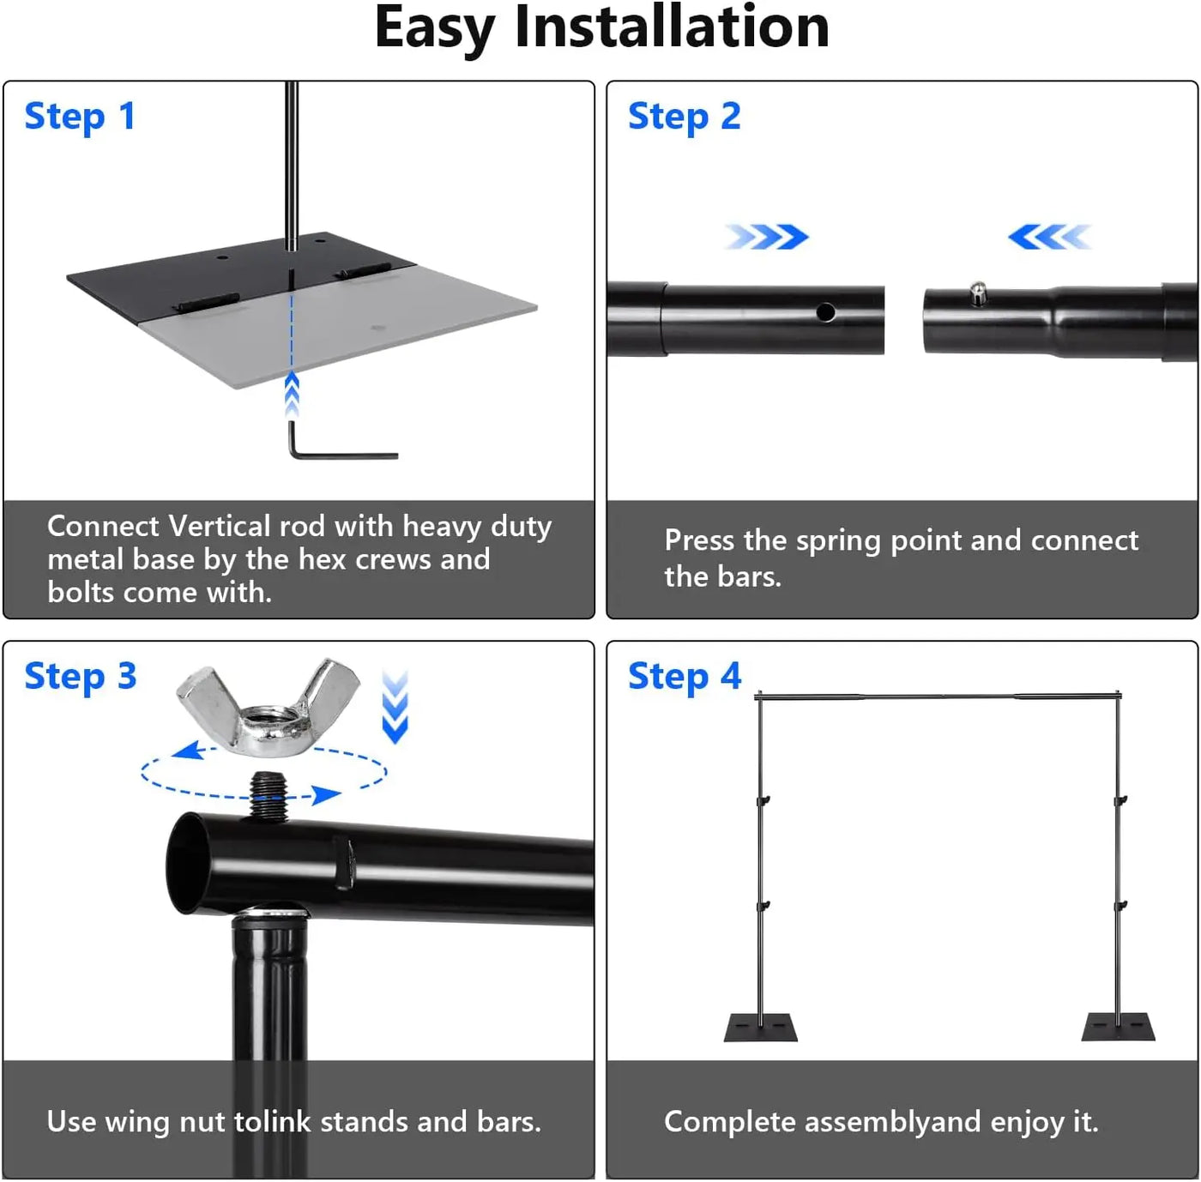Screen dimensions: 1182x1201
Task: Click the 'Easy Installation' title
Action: [601, 28]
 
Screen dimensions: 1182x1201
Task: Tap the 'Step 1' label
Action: [80, 117]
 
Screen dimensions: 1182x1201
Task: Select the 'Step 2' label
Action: [684, 117]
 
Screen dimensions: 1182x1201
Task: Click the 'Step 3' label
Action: [80, 677]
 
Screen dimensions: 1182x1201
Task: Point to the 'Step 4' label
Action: [684, 677]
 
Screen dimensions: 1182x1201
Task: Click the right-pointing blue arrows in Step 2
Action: [767, 237]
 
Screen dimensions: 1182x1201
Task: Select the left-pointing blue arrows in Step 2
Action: [1048, 237]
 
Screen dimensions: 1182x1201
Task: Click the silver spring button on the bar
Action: [977, 294]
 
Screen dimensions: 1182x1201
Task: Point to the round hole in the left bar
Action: [825, 312]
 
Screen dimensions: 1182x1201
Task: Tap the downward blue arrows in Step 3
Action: [395, 708]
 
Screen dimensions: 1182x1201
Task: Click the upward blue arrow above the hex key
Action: [292, 395]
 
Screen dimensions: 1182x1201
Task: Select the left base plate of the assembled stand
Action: [760, 1027]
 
